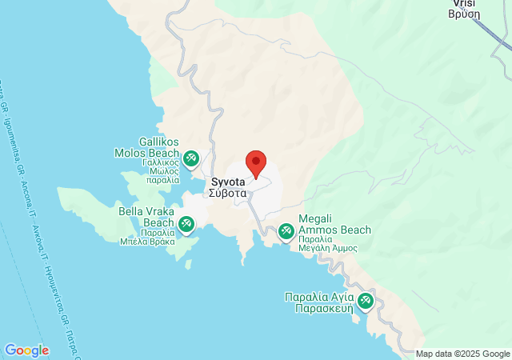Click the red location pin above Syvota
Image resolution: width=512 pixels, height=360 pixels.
(256, 163)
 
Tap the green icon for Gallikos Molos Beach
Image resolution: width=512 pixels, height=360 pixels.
(190, 158)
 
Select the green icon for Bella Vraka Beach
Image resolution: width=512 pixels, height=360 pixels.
(186, 223)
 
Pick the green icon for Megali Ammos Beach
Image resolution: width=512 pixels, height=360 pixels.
(286, 232)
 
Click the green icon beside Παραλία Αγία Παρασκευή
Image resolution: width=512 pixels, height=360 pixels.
(366, 301)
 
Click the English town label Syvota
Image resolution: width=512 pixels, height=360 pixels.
(229, 182)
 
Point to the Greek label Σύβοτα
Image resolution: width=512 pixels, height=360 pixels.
(229, 193)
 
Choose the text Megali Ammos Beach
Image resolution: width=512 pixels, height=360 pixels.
(334, 224)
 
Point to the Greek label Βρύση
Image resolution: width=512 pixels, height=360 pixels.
(464, 14)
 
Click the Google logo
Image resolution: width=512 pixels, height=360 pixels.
(26, 350)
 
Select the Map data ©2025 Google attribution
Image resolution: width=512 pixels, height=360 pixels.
(462, 354)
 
